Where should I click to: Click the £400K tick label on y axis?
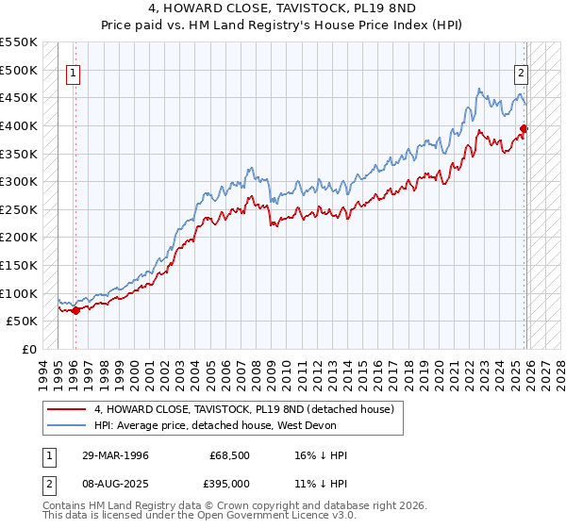[x=18, y=125]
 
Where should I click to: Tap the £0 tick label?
[x=28, y=349]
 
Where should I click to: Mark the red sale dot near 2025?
[x=524, y=129]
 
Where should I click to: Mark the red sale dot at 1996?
[x=75, y=310]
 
